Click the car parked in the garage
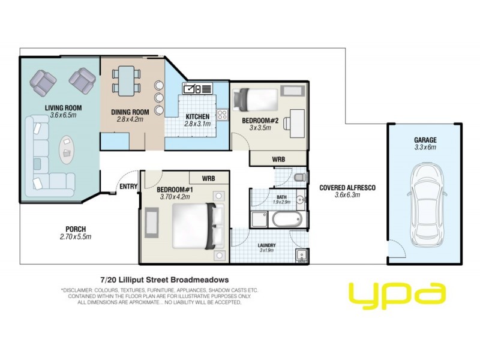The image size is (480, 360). click(x=425, y=203)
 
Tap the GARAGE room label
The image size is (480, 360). click(x=425, y=140)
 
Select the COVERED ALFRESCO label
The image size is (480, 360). click(x=347, y=187)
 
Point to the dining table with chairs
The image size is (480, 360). click(x=126, y=81)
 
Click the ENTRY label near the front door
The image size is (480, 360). click(x=128, y=187)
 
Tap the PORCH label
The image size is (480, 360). click(x=76, y=229)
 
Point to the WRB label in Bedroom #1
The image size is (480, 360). click(x=208, y=178)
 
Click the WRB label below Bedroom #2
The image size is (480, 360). click(x=278, y=160)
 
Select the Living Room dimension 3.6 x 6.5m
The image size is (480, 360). click(x=63, y=115)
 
